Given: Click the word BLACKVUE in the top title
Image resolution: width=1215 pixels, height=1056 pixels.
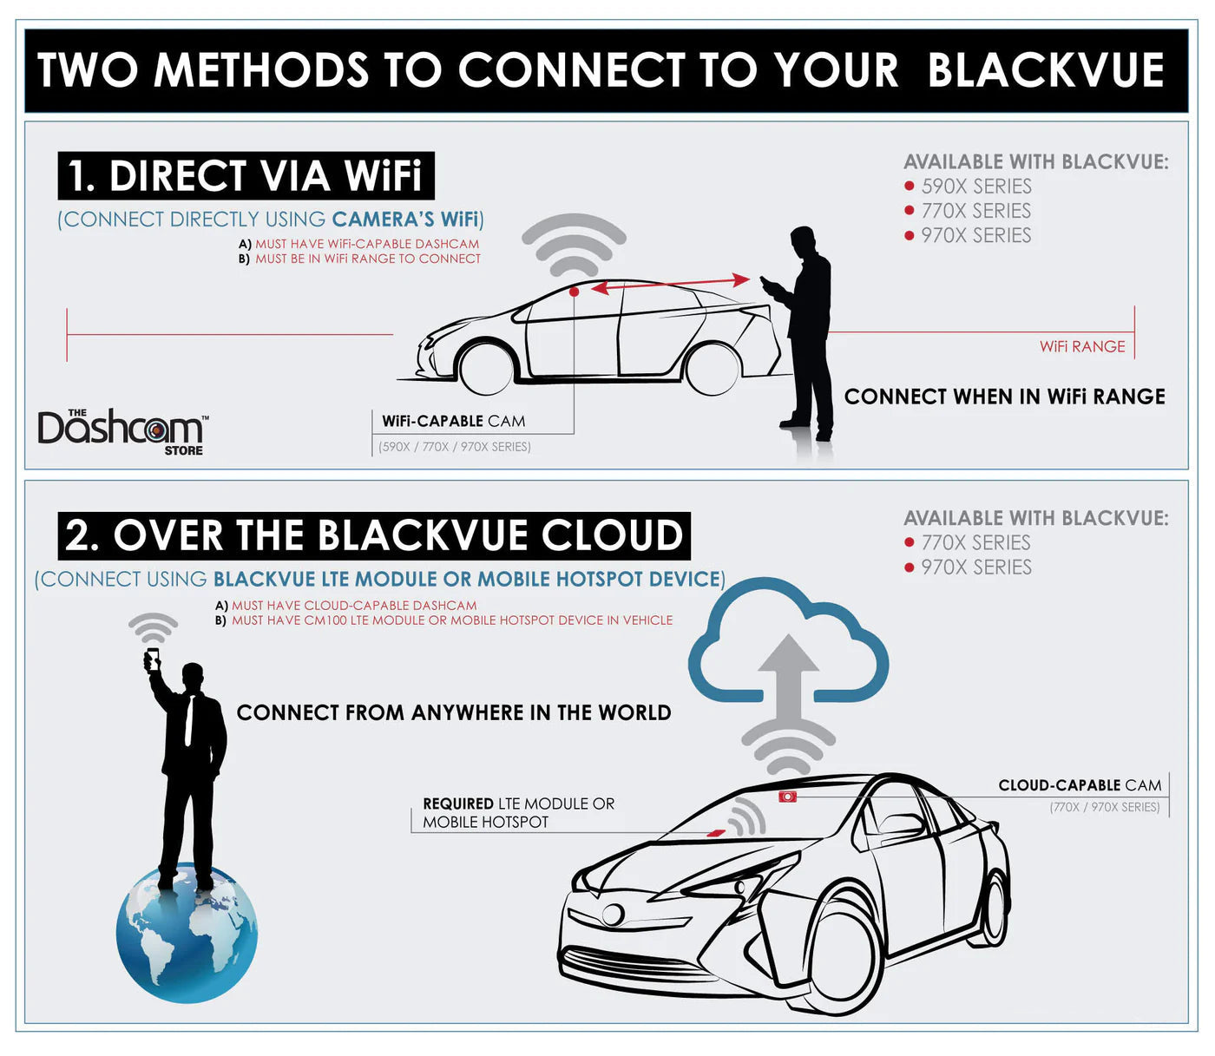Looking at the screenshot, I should [1046, 70].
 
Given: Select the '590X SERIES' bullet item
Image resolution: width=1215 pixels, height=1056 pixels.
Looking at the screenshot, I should [975, 187].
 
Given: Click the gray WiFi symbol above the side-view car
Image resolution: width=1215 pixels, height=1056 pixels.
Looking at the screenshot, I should [574, 244].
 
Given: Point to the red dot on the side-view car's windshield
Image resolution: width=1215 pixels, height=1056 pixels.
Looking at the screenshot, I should [574, 292].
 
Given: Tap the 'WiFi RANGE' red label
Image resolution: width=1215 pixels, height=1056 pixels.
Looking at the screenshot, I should [1082, 347].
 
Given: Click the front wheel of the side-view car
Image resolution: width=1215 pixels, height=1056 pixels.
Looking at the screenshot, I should [485, 369].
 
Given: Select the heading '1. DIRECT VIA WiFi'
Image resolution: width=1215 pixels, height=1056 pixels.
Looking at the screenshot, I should [246, 176].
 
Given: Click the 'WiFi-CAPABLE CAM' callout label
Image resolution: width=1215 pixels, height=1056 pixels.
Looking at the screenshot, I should [454, 422].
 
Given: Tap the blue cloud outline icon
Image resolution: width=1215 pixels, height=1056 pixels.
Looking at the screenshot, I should [788, 642].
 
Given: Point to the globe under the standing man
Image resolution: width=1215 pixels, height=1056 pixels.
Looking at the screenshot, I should [187, 933].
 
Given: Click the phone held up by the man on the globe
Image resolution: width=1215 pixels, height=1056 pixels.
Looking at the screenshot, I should [153, 659].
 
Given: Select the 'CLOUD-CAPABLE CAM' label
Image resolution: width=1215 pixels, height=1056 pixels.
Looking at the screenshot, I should [1080, 786].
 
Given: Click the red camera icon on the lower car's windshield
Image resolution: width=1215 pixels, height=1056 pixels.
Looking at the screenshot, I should [787, 796].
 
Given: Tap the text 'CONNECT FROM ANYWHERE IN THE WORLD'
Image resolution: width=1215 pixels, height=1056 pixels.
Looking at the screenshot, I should [454, 713].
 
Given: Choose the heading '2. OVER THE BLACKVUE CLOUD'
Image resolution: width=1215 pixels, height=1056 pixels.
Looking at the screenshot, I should [374, 535].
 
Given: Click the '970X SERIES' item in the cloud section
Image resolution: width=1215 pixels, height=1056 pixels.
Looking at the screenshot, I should [975, 567].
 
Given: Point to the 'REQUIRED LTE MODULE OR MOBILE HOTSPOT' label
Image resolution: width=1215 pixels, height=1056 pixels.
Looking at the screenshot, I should [518, 813].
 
